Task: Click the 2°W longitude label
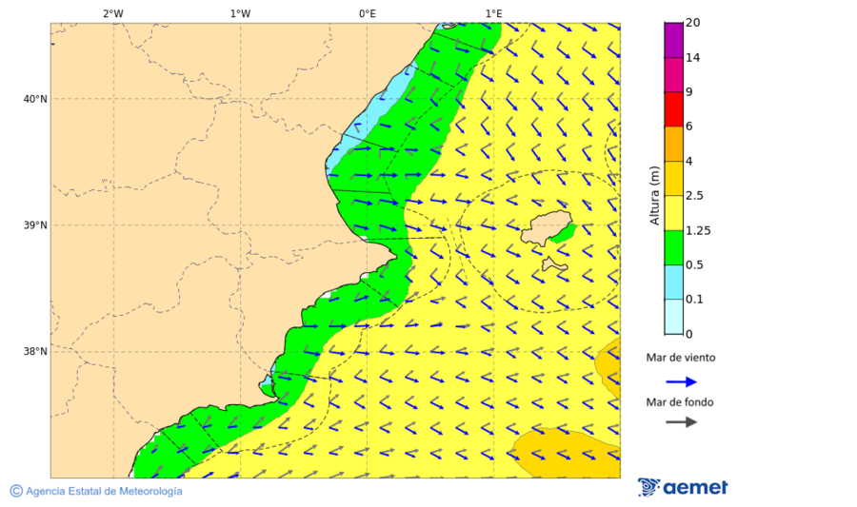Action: click(x=112, y=13)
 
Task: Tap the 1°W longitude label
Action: click(x=240, y=13)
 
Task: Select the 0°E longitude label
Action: click(x=367, y=13)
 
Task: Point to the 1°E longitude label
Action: click(x=493, y=13)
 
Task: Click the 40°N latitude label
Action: click(x=35, y=99)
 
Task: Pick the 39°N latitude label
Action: click(x=35, y=225)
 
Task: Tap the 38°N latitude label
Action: click(x=35, y=352)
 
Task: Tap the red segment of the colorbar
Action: click(x=673, y=109)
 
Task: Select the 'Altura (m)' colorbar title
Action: click(x=654, y=195)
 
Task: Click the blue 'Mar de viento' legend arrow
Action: click(x=681, y=381)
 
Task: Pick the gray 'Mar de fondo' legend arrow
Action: click(x=681, y=422)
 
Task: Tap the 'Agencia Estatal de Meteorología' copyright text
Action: click(x=103, y=491)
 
